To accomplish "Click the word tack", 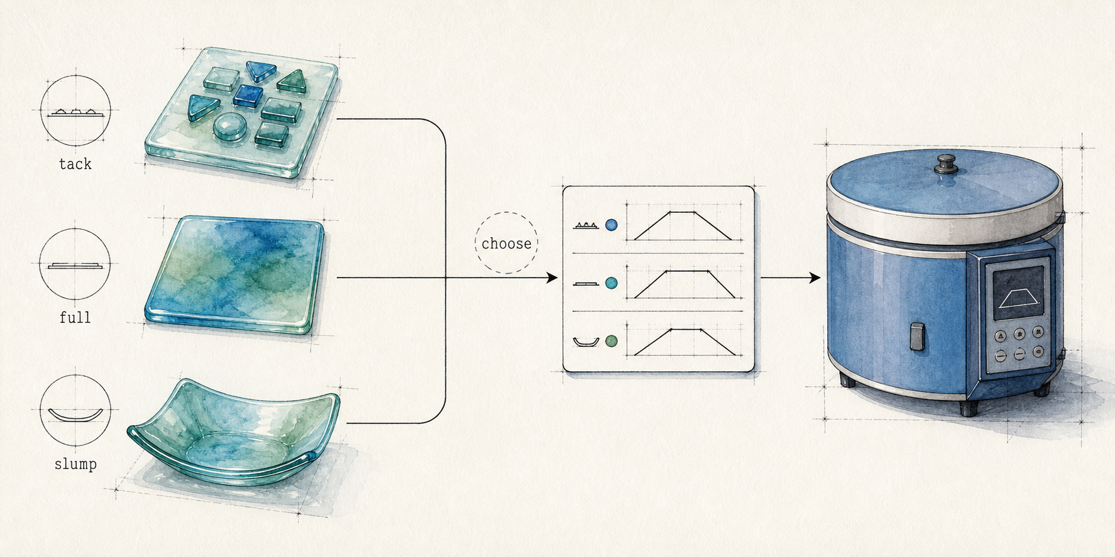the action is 75,164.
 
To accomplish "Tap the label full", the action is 75,318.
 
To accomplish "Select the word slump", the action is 75,464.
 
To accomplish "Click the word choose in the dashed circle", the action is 507,244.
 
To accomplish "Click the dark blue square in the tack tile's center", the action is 248,95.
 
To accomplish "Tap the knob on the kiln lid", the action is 944,165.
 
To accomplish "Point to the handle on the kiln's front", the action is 916,337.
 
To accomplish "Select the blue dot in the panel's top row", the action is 611,225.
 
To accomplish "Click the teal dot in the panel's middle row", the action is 611,284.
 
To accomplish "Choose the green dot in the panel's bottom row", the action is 611,342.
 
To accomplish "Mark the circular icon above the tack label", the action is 75,111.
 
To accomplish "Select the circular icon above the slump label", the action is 75,411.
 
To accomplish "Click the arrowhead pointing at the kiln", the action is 815,278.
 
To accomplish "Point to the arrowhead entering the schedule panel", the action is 552,278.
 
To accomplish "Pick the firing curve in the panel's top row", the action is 683,225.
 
